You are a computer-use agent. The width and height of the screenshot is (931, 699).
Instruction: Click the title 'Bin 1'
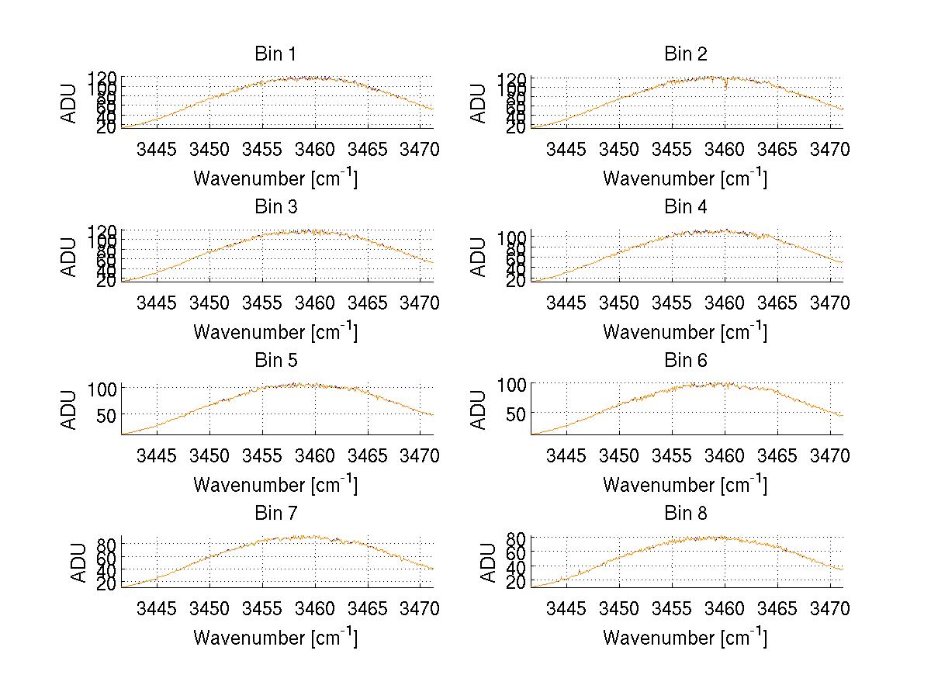tap(275, 54)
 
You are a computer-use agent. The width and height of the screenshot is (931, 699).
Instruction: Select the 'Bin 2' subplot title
tap(685, 54)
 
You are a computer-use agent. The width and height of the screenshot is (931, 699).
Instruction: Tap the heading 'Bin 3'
tap(275, 207)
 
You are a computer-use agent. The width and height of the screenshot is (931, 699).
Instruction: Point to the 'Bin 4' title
tap(685, 207)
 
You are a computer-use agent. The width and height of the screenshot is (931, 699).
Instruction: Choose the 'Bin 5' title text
tap(275, 360)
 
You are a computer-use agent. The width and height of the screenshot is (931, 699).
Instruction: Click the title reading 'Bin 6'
tap(685, 360)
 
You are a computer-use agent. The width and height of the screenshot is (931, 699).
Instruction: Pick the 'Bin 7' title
tap(275, 513)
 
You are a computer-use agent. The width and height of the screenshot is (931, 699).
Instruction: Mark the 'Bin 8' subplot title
tap(685, 513)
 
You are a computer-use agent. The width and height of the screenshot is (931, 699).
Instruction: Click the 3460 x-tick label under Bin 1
tap(315, 149)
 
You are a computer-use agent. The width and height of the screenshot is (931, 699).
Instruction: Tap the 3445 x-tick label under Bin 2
tap(566, 149)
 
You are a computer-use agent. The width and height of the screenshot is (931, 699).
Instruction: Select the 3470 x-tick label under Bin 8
tap(830, 608)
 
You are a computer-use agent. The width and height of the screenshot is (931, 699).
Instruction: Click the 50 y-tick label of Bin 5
tap(106, 414)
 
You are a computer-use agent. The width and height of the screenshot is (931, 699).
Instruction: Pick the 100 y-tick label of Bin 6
tap(512, 384)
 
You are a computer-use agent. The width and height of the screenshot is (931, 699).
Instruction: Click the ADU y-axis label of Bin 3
tap(70, 257)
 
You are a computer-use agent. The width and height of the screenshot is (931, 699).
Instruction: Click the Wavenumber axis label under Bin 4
tap(685, 331)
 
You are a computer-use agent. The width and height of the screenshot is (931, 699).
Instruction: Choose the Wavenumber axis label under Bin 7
tap(275, 637)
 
